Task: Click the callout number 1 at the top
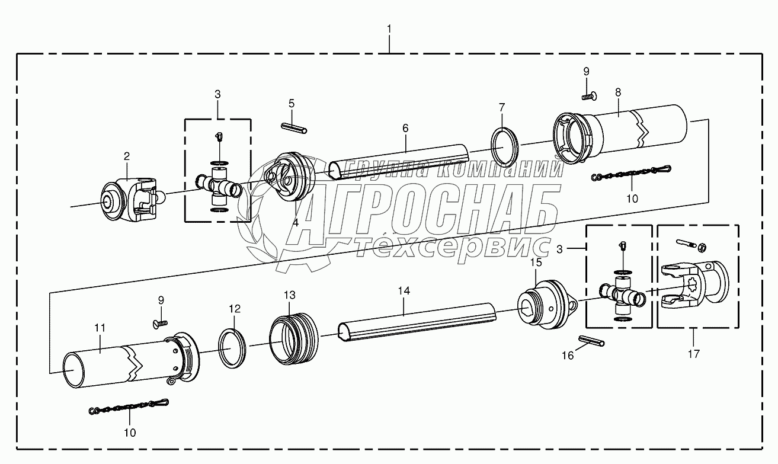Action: [x=389, y=29]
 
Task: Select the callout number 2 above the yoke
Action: [x=127, y=156]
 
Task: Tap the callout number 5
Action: [x=292, y=104]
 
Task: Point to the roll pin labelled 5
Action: [x=294, y=128]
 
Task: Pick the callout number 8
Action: [x=618, y=92]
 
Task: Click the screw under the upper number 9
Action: [x=590, y=96]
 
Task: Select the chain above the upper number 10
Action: [x=631, y=173]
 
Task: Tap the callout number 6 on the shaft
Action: [x=405, y=128]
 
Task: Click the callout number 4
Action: [x=296, y=223]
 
